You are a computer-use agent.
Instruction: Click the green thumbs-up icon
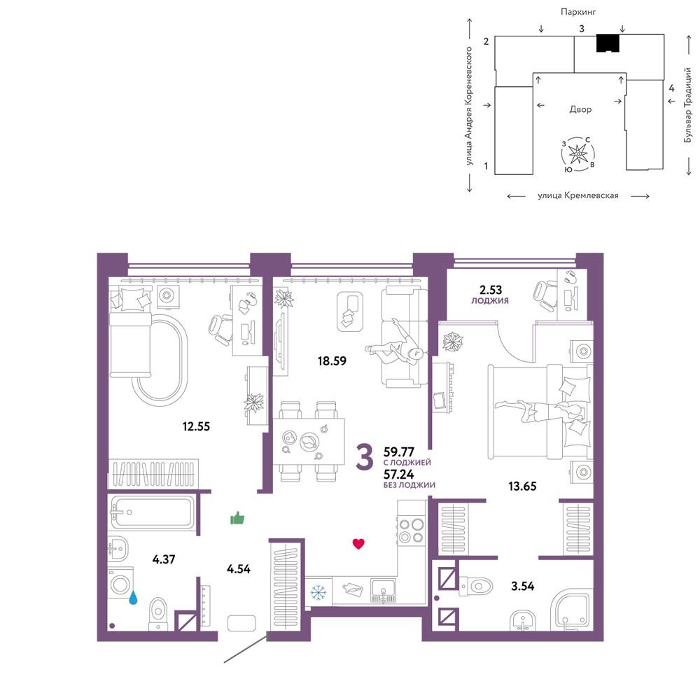[x=237, y=518]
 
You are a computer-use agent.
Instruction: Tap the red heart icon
[x=358, y=543]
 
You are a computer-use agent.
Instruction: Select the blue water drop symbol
[x=133, y=597]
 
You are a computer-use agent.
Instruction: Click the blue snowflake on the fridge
[x=318, y=592]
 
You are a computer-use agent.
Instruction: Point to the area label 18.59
[x=332, y=360]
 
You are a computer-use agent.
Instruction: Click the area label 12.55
[x=196, y=426]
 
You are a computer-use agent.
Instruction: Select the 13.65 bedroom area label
[x=522, y=486]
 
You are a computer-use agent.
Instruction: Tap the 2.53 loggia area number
[x=491, y=290]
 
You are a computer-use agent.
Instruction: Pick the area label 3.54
[x=522, y=586]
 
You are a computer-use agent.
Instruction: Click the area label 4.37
[x=163, y=559]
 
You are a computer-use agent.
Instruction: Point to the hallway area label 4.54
[x=239, y=568]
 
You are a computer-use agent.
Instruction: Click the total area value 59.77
[x=399, y=451]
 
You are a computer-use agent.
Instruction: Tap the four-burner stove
[x=411, y=530]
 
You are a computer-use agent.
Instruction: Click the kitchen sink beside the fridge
[x=383, y=590]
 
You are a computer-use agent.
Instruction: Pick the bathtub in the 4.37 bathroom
[x=153, y=512]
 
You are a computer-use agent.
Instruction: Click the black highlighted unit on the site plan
[x=608, y=43]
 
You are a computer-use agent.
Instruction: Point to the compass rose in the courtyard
[x=579, y=154]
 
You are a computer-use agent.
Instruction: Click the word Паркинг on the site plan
[x=579, y=13]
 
